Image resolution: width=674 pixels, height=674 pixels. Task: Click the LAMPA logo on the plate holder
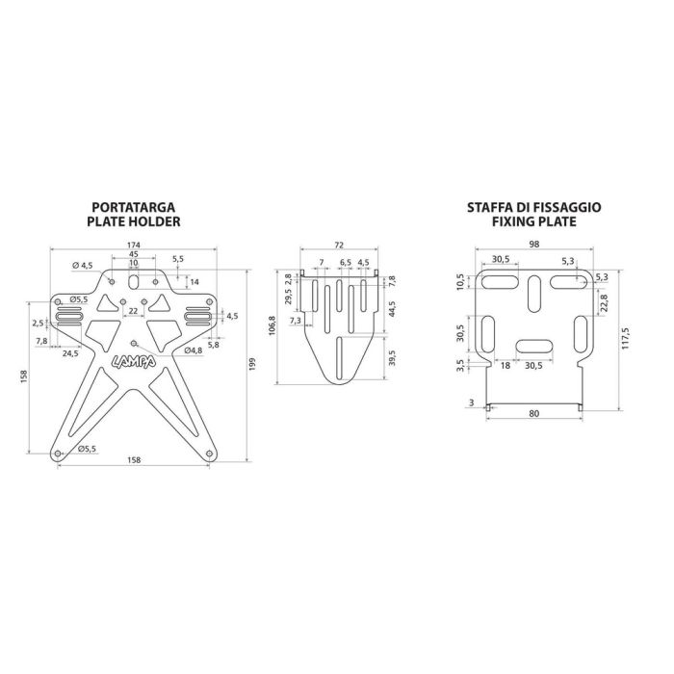(134, 362)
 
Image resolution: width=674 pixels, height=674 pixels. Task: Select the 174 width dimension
(134, 245)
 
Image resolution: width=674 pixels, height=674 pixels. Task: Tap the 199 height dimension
(252, 365)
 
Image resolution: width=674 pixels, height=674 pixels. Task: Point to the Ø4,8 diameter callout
(194, 350)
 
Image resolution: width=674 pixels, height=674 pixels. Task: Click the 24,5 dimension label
(70, 353)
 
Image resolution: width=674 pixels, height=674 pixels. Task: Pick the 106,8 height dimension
(272, 325)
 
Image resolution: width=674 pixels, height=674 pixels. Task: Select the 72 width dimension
(339, 245)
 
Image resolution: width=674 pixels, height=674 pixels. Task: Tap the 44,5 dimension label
(392, 310)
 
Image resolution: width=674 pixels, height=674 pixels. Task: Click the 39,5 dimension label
(392, 358)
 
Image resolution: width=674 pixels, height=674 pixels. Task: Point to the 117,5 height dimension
(626, 338)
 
